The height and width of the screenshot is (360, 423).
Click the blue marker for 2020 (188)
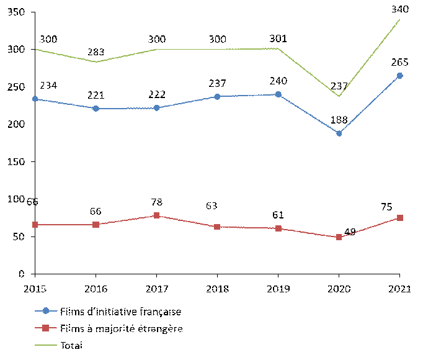(x=339, y=133)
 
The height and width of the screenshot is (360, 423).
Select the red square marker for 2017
(x=156, y=215)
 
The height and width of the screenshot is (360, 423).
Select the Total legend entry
(x=72, y=345)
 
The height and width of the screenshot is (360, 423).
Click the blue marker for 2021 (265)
(x=399, y=76)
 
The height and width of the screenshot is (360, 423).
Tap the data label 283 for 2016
(x=96, y=52)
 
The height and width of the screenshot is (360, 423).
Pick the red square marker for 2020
(x=339, y=237)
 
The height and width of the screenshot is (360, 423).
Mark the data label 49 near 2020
(x=349, y=232)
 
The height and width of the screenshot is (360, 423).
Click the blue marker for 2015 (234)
(x=35, y=99)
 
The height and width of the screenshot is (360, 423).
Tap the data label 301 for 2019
(x=278, y=38)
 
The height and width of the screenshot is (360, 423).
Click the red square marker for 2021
(x=399, y=218)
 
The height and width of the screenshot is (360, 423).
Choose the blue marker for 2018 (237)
(x=217, y=97)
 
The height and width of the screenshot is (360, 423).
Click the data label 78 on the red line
(x=157, y=203)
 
